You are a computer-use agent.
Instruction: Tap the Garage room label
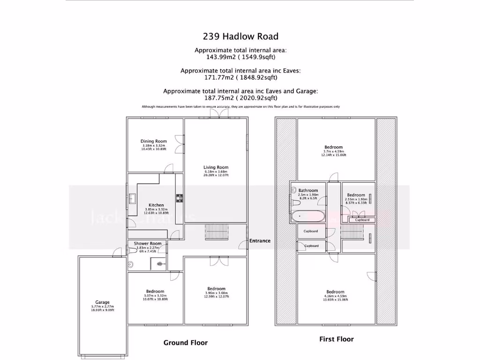tap(103, 302)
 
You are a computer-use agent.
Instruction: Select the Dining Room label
tap(154, 141)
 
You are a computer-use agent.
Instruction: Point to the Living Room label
tap(216, 167)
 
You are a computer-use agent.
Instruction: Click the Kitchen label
tap(156, 205)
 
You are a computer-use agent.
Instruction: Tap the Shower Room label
tap(148, 243)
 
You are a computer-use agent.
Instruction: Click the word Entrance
tap(260, 240)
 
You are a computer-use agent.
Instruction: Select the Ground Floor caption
tap(185, 343)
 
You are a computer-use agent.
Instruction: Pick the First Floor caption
tap(336, 339)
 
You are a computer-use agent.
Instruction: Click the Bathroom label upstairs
tap(308, 190)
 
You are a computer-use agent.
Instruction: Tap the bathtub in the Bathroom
tap(307, 217)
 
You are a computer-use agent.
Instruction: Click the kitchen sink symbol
tap(132, 199)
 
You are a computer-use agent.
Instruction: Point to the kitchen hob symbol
tap(180, 199)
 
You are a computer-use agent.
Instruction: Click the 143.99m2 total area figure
tap(220, 57)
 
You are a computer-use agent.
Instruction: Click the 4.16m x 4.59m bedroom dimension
tap(336, 296)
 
